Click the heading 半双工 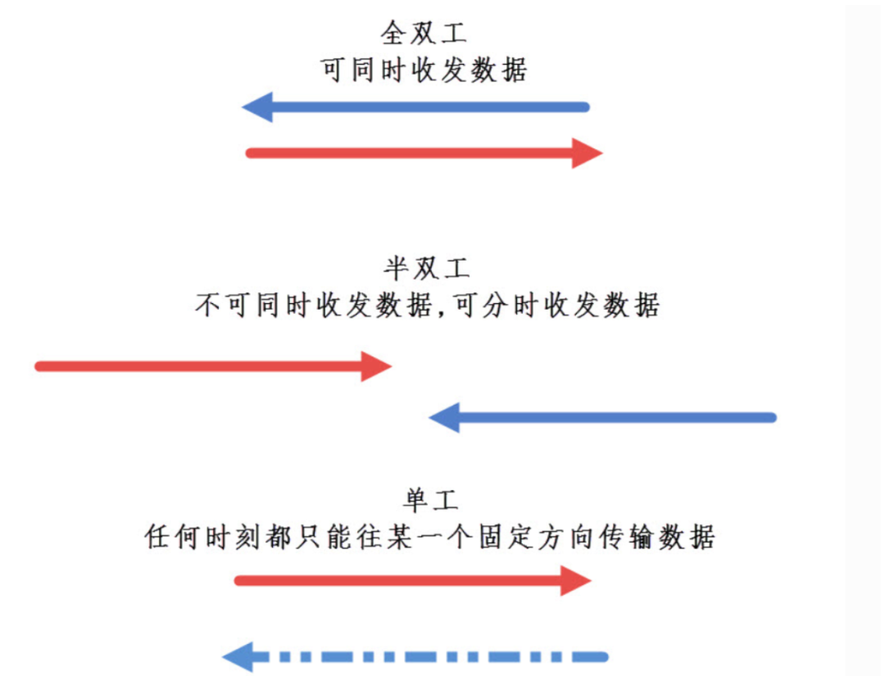point(427,268)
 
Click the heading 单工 point(430,499)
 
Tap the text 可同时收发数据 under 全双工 point(424,70)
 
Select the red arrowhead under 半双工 point(376,366)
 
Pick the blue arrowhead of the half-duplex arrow point(445,418)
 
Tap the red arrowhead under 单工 point(575,581)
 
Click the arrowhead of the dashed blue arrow point(238,656)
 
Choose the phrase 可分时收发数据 point(553,306)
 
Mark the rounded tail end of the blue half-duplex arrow point(770,418)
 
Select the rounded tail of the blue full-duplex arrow point(584,107)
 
